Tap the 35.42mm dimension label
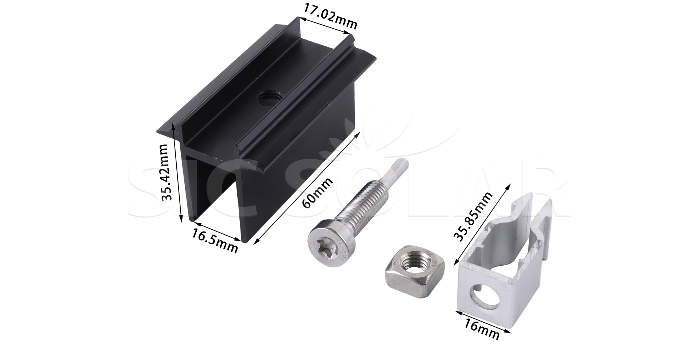(164, 172)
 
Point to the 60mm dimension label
(317, 193)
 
